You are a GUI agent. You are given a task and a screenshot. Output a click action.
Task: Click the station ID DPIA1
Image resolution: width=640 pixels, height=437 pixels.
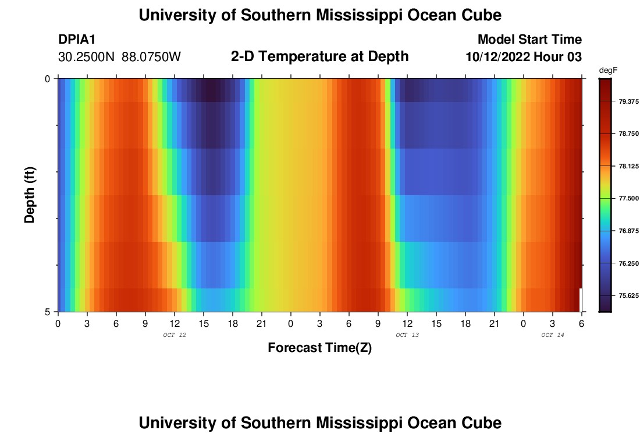77,40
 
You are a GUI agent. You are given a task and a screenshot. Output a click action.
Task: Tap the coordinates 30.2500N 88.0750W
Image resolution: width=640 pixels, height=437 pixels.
119,57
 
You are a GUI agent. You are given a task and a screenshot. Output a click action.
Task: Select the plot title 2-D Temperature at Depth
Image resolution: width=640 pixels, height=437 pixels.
319,57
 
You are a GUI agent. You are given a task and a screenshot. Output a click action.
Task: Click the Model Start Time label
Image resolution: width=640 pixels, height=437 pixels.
529,40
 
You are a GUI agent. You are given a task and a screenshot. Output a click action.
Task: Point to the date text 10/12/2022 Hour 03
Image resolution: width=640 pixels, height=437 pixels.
524,57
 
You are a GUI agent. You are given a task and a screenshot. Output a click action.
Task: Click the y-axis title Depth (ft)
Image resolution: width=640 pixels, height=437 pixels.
30,195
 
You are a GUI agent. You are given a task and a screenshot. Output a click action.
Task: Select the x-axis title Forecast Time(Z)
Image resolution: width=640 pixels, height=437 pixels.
319,348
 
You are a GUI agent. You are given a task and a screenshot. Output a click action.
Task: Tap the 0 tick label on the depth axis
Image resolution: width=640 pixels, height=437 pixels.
48,79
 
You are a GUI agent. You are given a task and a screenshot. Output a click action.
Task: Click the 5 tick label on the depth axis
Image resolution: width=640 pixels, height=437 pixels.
48,312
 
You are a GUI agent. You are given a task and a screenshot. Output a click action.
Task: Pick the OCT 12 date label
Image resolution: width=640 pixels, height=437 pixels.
174,335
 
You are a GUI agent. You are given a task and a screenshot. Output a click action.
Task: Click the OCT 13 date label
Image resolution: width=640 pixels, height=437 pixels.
407,335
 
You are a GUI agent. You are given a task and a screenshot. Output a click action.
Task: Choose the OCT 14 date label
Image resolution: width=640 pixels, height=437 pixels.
552,335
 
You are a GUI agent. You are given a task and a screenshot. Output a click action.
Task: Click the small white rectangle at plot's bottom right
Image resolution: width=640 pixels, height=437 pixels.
580,299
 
